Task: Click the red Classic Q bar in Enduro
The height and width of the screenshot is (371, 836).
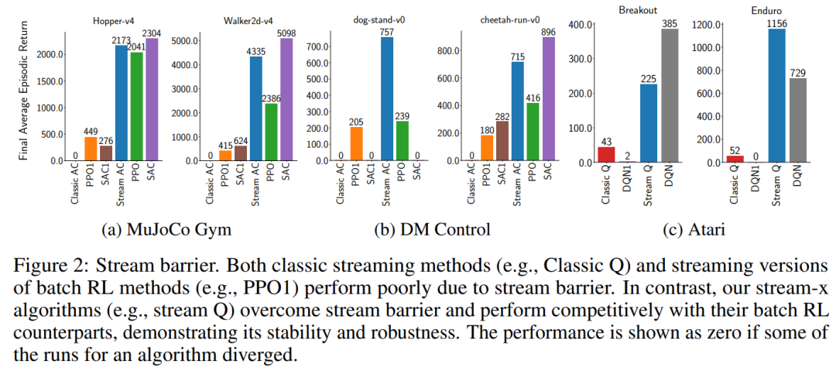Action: point(735,159)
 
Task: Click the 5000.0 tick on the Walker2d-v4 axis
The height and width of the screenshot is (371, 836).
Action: point(184,40)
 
